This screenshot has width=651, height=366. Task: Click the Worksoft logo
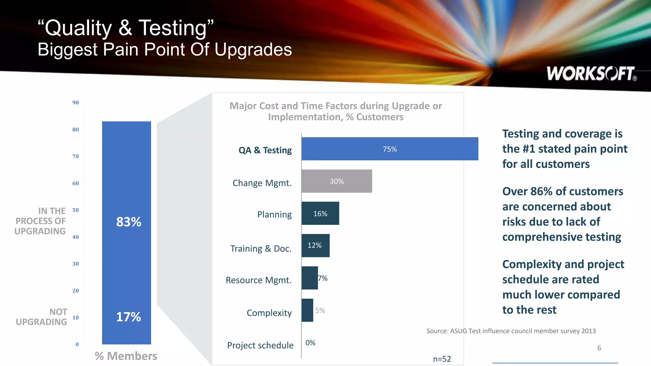[x=591, y=74]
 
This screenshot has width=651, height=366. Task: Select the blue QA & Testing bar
[x=390, y=149]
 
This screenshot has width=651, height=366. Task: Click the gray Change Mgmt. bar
[x=337, y=181]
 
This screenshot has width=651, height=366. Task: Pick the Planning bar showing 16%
[x=320, y=213]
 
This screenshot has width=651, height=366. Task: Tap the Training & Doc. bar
[x=315, y=246]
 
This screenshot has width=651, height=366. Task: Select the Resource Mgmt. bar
[x=310, y=278]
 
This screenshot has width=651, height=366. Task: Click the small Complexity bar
[x=307, y=310]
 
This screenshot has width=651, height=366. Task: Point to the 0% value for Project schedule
[x=310, y=343]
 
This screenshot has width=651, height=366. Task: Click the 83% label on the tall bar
[x=128, y=222]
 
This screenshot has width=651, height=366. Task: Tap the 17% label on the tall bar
[x=128, y=317]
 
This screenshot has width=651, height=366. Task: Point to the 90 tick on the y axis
[x=76, y=103]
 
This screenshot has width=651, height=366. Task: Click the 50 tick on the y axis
[x=76, y=210]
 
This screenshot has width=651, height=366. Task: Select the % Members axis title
[x=126, y=356]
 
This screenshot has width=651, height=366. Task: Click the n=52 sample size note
[x=442, y=359]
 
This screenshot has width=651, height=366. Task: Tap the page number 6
[x=599, y=348]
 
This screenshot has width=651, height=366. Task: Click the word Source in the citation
[x=437, y=331]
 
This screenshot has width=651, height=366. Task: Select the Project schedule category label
[x=260, y=345]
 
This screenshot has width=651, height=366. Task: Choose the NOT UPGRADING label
[x=42, y=317]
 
